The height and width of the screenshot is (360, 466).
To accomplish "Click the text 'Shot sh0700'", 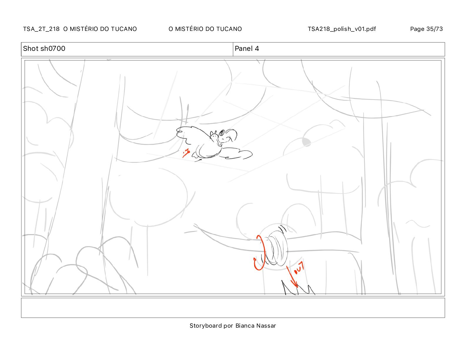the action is [44, 49].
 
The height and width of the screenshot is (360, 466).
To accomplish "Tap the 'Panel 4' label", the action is [247, 49].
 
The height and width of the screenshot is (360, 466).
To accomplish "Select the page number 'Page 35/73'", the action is [426, 29].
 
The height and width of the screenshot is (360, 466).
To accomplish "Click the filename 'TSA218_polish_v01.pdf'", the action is [342, 29].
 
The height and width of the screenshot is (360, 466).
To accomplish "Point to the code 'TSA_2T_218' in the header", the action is [41, 29].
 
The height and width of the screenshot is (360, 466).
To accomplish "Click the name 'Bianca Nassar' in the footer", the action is [256, 326].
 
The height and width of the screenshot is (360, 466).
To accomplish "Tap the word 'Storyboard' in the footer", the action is [206, 326].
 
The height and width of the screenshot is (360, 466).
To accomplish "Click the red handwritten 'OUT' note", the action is [299, 268].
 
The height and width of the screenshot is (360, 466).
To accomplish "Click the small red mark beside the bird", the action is [186, 153].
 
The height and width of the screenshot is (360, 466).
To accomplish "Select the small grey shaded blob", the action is [307, 142].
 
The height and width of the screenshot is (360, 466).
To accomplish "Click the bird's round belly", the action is [209, 150].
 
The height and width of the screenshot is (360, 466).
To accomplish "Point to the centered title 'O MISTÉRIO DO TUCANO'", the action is [205, 29].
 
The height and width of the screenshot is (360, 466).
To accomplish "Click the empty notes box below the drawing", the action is [233, 308].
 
